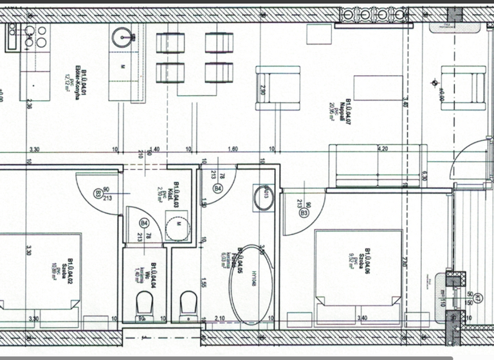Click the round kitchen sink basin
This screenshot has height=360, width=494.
121,39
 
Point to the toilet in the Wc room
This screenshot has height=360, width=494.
145,304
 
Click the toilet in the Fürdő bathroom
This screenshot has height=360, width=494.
188,304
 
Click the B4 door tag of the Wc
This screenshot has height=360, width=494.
144,223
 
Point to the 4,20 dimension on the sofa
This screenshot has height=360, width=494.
382,148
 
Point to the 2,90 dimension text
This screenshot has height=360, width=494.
262,89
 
